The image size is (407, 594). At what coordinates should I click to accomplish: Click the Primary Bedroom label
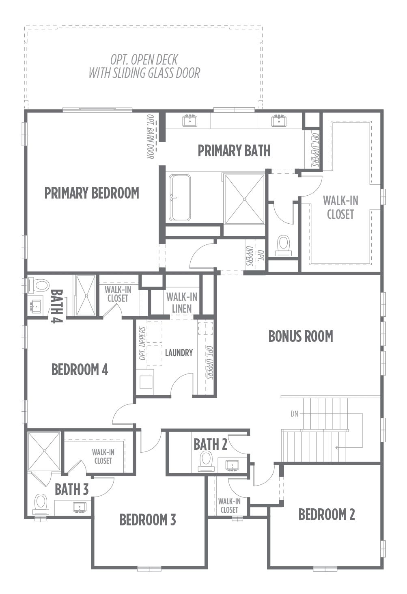92,193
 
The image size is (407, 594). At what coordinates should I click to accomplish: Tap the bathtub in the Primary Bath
180,197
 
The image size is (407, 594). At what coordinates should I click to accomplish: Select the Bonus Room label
301,336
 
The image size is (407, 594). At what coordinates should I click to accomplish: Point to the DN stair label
294,414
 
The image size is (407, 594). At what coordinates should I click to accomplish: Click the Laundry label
179,353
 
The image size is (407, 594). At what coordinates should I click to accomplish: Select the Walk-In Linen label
182,302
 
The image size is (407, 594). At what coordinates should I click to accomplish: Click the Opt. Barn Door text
151,136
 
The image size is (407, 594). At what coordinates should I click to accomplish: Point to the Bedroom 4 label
80,369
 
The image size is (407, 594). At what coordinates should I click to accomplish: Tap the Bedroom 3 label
148,520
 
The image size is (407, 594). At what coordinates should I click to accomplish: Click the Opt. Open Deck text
144,60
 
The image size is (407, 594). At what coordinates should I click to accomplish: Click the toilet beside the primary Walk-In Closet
283,245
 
